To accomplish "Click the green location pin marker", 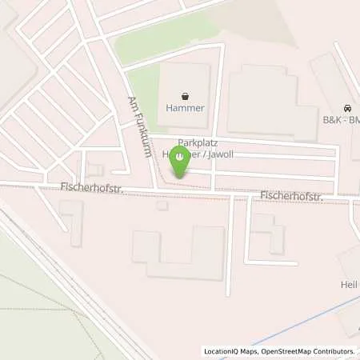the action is [182, 161].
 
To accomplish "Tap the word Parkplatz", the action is [198, 141].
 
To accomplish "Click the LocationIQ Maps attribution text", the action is [232, 351].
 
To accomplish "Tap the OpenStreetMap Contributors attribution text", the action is [309, 351].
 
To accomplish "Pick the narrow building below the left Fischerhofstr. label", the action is [74, 223].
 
